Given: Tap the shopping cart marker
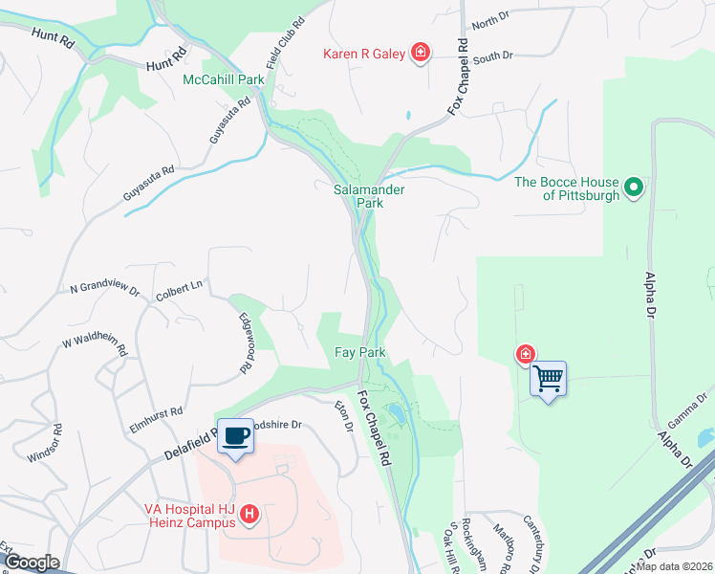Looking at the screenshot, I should (x=548, y=380).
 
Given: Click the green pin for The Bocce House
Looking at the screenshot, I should (x=634, y=188).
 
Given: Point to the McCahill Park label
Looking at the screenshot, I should (x=224, y=79).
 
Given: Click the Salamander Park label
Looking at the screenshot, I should (x=368, y=196).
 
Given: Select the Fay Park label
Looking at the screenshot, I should (x=359, y=353).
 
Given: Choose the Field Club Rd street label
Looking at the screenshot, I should (x=285, y=33).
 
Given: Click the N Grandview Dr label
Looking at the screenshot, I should (x=105, y=288).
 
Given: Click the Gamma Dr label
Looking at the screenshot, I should (x=691, y=407).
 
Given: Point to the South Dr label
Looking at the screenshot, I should (x=493, y=56).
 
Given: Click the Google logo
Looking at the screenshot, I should (x=32, y=562).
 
